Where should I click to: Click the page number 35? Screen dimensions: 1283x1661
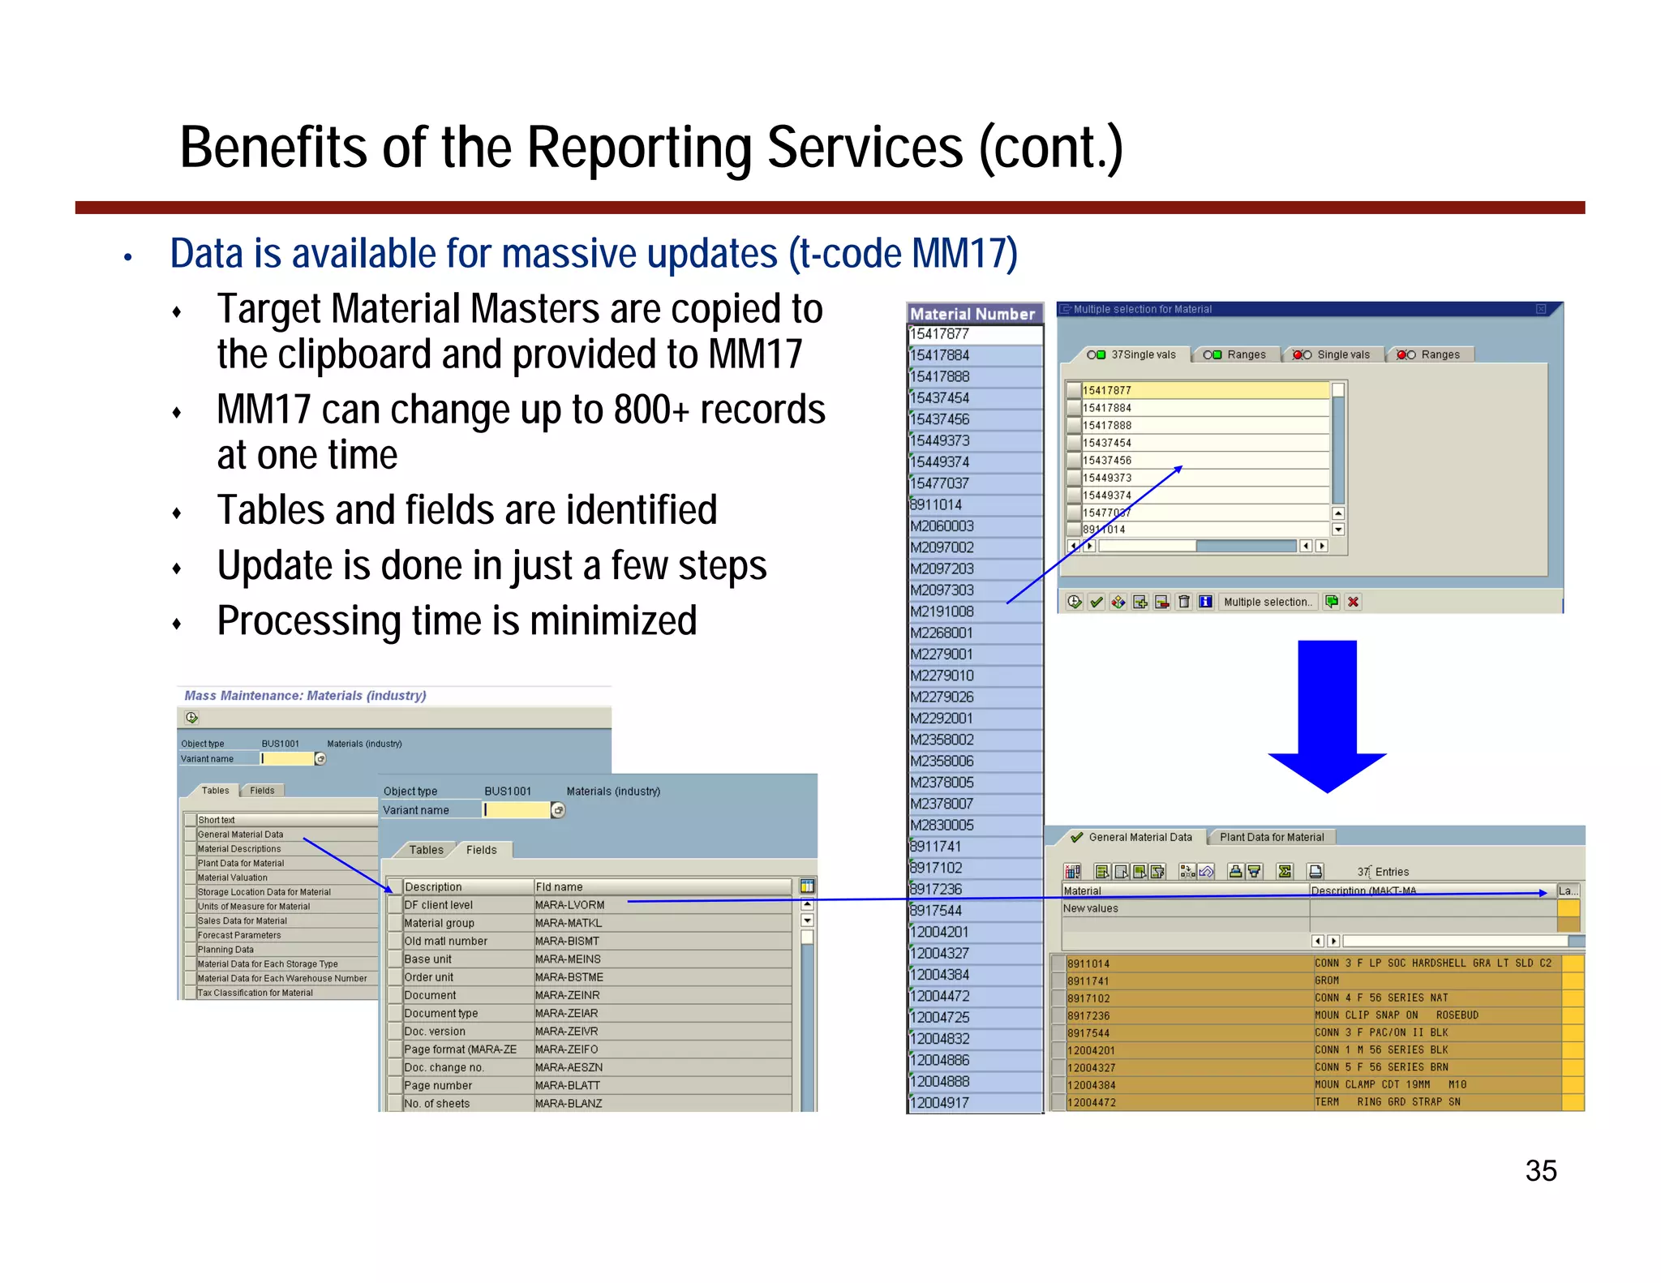[1540, 1170]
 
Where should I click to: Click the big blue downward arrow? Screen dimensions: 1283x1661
[1327, 714]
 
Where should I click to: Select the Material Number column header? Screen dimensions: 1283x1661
[972, 314]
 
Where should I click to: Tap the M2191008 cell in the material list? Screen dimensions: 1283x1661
[942, 611]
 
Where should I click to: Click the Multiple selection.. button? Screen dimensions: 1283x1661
[1267, 602]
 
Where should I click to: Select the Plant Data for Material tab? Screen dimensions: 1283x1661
[1271, 837]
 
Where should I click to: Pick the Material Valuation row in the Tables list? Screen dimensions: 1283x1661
[232, 878]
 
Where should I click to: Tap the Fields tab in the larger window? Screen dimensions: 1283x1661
[481, 850]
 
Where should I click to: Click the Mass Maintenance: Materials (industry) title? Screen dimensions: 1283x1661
[305, 696]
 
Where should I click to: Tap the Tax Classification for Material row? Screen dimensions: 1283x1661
[255, 993]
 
